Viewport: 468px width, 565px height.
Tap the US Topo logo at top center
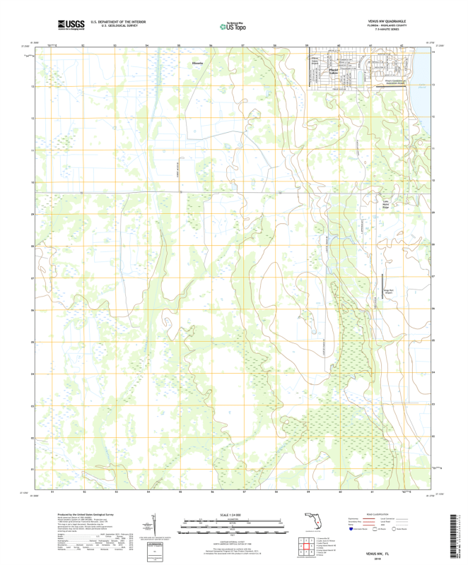[233, 26]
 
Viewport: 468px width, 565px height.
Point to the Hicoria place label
[197, 63]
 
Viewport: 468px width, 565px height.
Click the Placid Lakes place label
[333, 71]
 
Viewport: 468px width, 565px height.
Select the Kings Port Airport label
[388, 290]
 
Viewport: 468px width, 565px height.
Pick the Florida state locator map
[312, 523]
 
